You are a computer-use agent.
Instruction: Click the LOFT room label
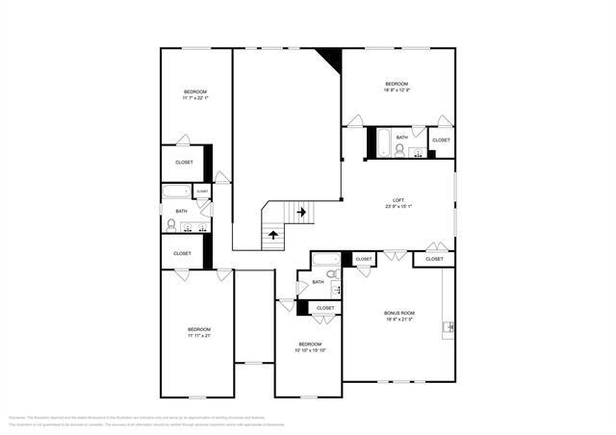pos(398,199)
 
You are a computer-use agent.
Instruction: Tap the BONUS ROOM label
pos(398,313)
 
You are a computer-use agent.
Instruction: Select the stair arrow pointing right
pos(301,211)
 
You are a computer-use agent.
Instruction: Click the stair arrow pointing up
pos(273,233)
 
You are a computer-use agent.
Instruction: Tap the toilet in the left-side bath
pos(171,226)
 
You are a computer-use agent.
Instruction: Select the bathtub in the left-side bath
pos(177,192)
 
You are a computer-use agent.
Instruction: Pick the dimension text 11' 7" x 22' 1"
pos(195,97)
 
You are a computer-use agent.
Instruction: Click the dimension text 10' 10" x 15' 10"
pos(310,350)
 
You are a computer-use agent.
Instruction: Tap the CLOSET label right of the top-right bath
pos(441,141)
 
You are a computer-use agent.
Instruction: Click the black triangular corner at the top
pos(332,59)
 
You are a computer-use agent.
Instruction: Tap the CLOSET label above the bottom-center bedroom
pos(325,308)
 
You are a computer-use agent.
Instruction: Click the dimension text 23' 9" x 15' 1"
pos(398,206)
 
